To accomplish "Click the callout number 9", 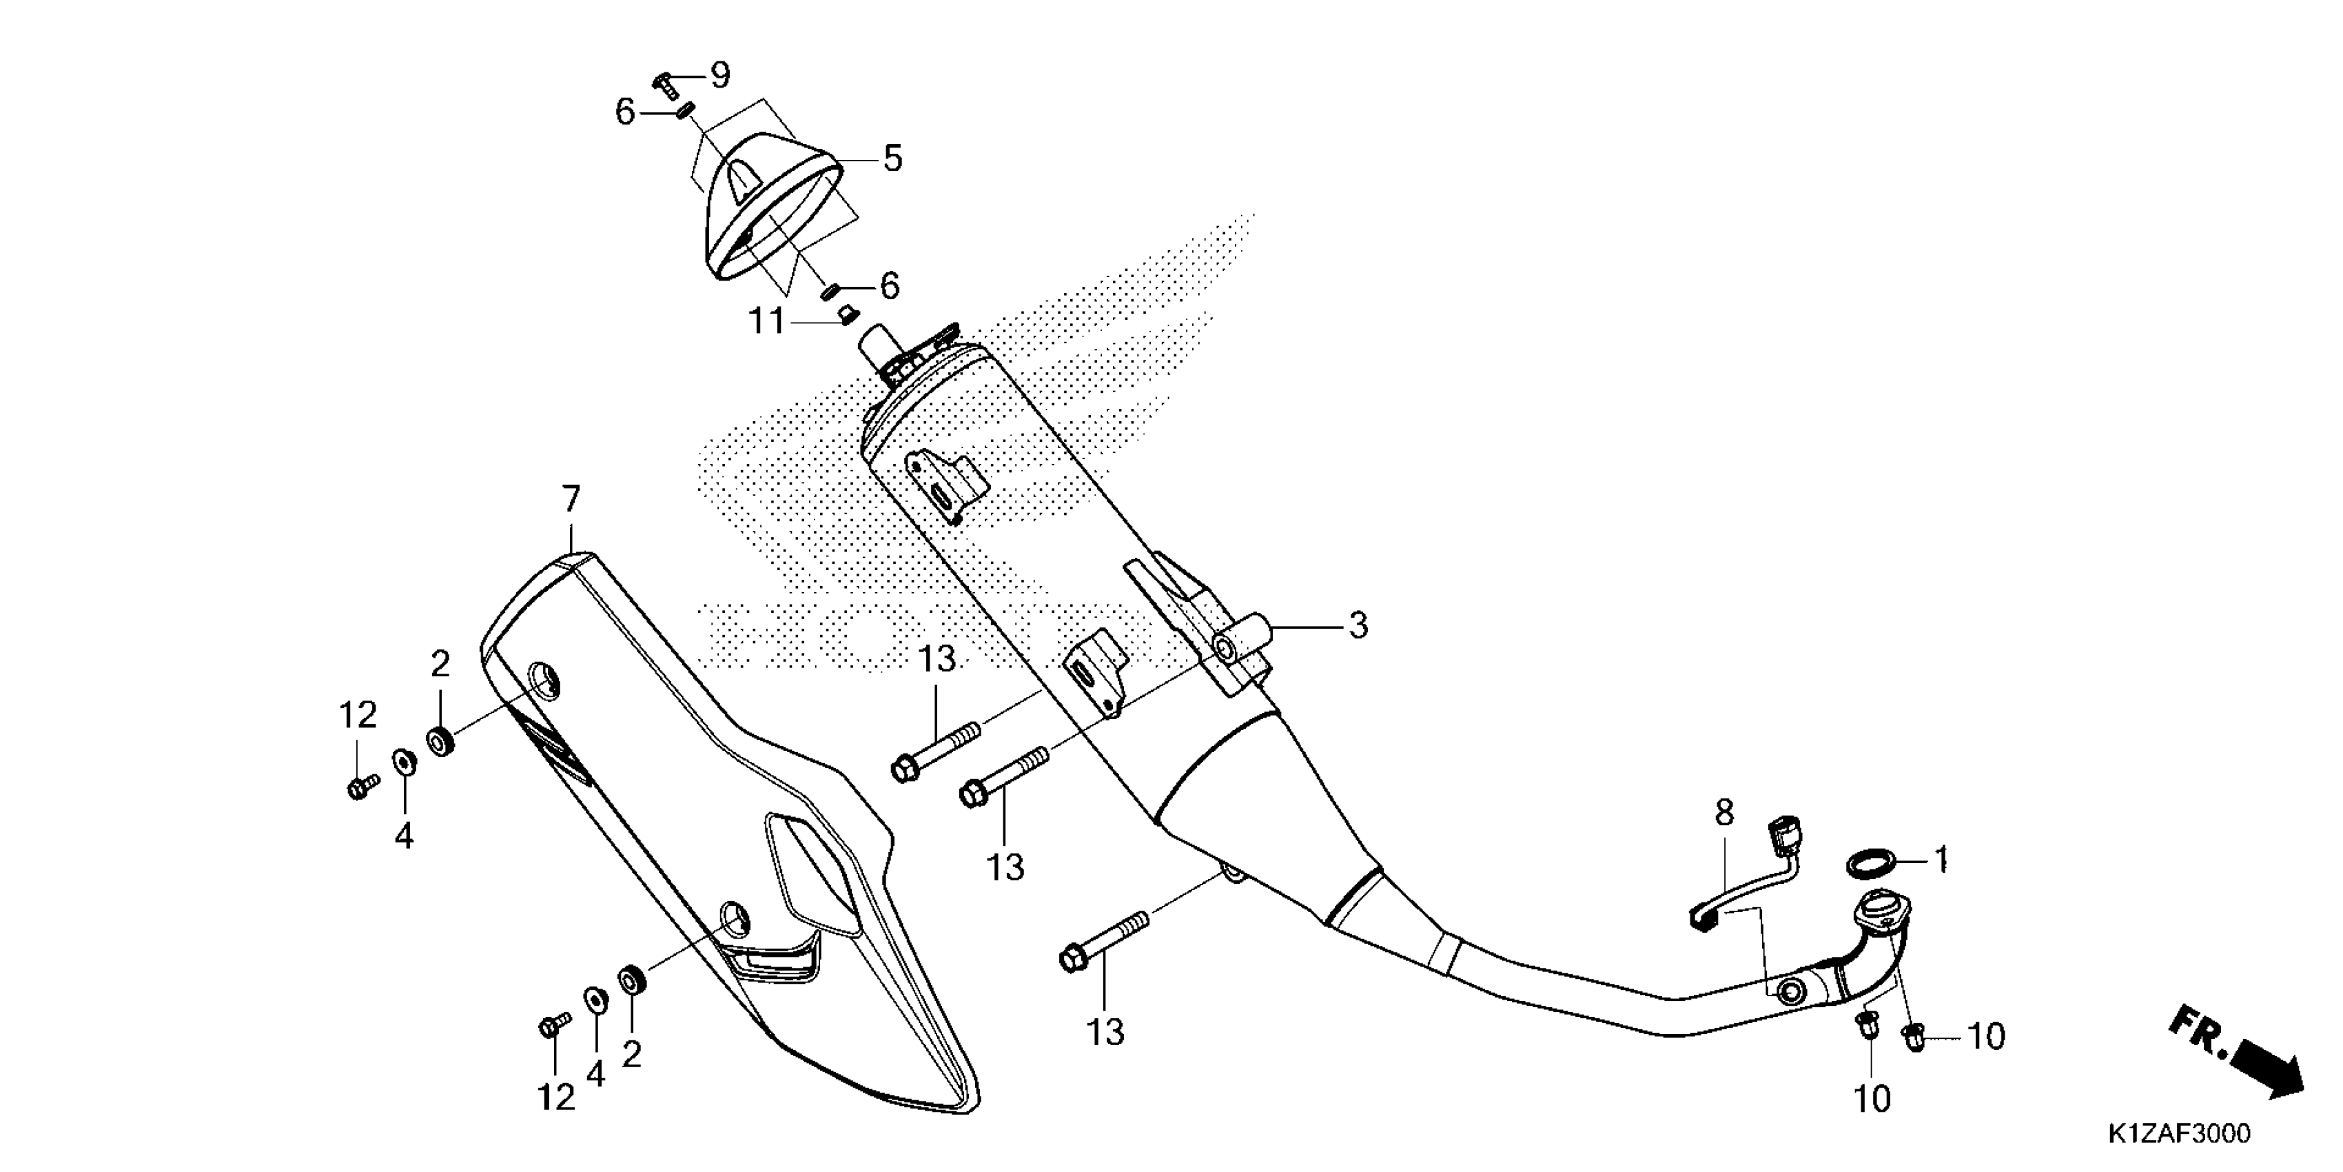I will pos(719,74).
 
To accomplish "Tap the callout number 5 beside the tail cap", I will pos(892,159).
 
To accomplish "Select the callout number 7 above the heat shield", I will pos(571,500).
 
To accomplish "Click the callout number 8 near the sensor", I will pos(1724,813).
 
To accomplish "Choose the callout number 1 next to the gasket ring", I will pos(1941,859).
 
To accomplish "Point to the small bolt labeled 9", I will pos(665,85).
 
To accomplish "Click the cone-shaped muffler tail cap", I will pos(773,205).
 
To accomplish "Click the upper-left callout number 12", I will pos(358,716).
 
